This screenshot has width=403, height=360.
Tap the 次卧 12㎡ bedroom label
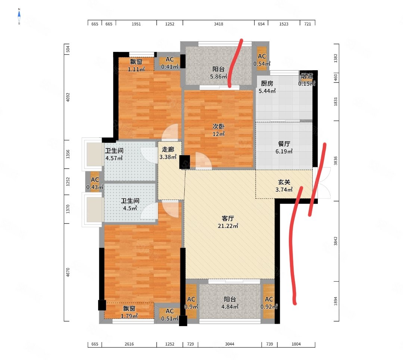tap(218, 130)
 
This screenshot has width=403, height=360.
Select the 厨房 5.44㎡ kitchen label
tap(267, 87)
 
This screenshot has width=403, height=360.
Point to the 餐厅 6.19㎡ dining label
tap(284, 147)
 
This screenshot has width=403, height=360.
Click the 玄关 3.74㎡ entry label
tap(284, 186)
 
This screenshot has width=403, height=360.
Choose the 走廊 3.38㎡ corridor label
tap(168, 153)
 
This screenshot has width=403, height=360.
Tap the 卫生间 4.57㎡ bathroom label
tap(114, 154)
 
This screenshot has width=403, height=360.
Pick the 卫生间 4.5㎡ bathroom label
tap(130, 204)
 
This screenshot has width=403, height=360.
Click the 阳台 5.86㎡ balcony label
tap(218, 73)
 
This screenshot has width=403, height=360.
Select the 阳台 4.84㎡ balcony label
tap(230, 303)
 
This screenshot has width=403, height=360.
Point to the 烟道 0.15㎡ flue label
tap(307, 80)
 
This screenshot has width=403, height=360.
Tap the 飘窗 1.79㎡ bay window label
tap(129, 312)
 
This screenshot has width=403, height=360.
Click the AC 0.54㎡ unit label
tap(262, 60)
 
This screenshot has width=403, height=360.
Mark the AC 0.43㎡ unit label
tap(95, 184)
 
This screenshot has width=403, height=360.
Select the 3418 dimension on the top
tap(218, 24)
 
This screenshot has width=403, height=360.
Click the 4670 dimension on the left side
tap(68, 272)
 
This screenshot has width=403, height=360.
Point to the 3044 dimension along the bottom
tap(229, 344)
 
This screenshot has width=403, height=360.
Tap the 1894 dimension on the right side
tap(335, 301)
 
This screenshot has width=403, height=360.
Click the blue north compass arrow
tap(19, 16)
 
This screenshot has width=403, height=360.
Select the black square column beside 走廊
tap(185, 162)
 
